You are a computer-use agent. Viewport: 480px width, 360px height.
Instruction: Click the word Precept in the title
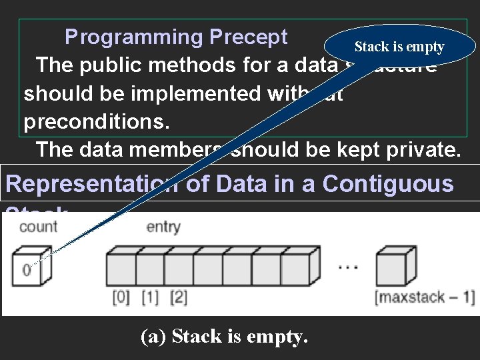click(248, 37)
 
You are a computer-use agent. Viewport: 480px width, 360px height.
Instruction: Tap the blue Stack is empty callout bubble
click(399, 47)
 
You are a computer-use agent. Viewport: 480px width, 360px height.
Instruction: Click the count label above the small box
click(39, 227)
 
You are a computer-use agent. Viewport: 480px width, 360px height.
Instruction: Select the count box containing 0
click(27, 269)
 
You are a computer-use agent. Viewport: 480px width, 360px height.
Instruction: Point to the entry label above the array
click(163, 227)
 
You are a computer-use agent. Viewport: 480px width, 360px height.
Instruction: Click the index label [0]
click(121, 297)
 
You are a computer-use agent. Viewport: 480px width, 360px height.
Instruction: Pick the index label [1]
click(150, 297)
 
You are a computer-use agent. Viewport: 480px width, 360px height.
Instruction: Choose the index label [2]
click(179, 297)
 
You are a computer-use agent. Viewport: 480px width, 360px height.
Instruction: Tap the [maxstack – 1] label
click(425, 297)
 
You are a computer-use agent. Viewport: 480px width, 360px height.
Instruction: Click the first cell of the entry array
click(121, 269)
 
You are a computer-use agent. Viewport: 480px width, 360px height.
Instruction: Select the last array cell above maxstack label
click(391, 269)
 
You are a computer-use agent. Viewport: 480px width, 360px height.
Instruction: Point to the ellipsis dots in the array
click(349, 267)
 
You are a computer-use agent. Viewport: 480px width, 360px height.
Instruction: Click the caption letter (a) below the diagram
click(153, 337)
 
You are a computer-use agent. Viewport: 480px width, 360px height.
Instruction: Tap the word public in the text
click(116, 65)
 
